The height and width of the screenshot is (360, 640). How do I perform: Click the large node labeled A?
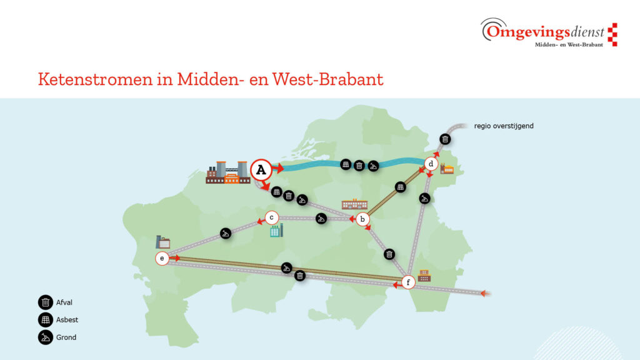click(261, 169)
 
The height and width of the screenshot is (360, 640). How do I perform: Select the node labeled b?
click(362, 219)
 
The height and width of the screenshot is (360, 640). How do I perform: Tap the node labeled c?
click(271, 217)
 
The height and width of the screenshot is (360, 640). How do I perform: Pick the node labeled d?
click(431, 164)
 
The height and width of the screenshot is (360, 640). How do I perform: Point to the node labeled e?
click(162, 258)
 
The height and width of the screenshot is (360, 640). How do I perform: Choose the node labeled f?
click(408, 282)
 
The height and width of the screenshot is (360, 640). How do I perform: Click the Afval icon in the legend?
click(46, 302)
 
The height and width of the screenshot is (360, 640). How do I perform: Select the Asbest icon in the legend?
click(46, 320)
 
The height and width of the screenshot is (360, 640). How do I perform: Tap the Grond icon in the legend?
click(46, 337)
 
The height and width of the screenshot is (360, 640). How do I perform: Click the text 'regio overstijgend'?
click(504, 126)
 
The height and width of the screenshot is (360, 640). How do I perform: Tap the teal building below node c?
click(276, 231)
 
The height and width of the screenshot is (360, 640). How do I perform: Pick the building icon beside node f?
click(424, 276)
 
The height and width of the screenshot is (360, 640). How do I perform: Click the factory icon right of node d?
click(447, 169)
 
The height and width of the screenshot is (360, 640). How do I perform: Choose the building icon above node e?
click(163, 242)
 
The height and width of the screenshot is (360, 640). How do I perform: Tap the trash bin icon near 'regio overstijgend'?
click(444, 139)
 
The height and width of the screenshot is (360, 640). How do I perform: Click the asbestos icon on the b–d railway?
click(401, 187)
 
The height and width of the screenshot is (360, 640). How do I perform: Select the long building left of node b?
click(354, 204)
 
